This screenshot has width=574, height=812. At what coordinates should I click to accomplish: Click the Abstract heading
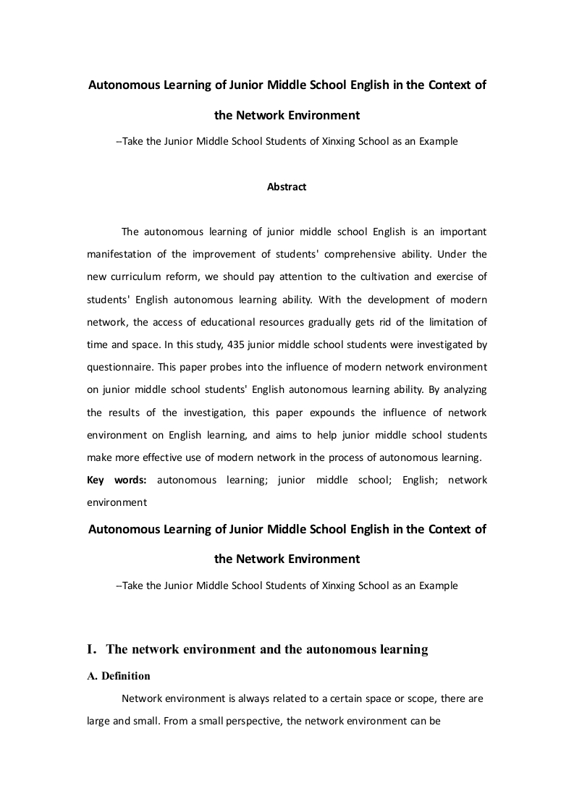pyautogui.click(x=287, y=187)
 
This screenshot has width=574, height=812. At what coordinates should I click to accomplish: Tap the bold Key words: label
pyautogui.click(x=117, y=480)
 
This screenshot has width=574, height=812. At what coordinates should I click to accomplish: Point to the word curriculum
pyautogui.click(x=138, y=276)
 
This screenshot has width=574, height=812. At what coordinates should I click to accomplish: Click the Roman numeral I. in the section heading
pyautogui.click(x=92, y=650)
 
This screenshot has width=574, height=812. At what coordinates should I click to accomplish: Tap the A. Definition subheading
pyautogui.click(x=119, y=676)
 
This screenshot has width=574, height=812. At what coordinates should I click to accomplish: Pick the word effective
pyautogui.click(x=161, y=457)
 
